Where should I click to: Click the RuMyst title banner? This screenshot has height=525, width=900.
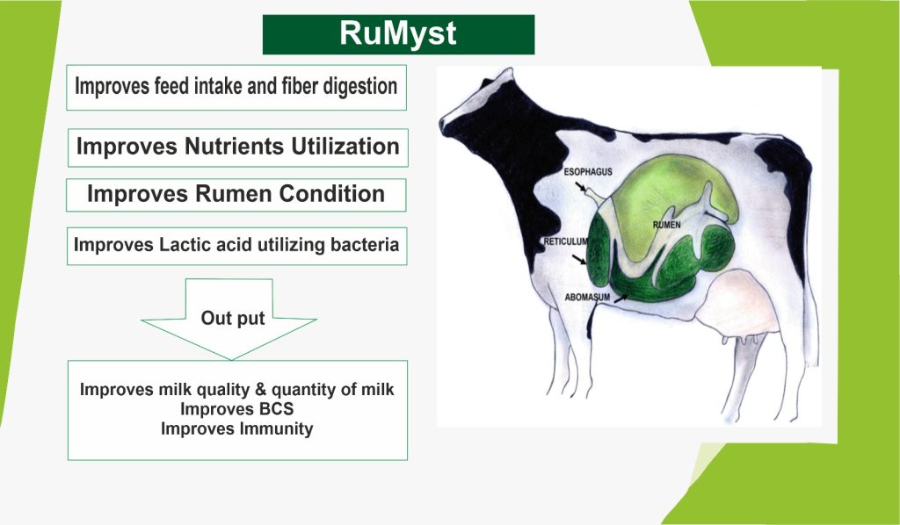tap(398, 34)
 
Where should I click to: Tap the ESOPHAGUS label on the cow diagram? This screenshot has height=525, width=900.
tap(588, 172)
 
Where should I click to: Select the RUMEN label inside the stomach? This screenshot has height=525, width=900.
tap(666, 225)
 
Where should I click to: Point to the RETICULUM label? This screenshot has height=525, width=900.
tap(565, 241)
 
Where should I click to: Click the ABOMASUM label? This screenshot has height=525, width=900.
tap(587, 298)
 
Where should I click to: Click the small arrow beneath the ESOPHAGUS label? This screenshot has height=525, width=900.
tap(582, 187)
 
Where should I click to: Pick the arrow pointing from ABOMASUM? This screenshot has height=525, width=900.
tap(621, 298)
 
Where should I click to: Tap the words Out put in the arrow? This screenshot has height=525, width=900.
tap(232, 318)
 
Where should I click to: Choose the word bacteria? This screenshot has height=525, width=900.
tap(365, 245)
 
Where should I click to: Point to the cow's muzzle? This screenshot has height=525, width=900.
tap(447, 123)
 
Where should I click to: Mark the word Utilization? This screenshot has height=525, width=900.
tap(345, 146)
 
